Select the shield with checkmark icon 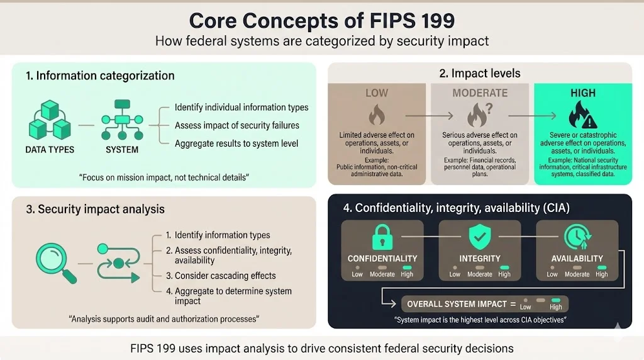click(480, 237)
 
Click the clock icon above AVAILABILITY click(577, 237)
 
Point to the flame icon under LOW click(376, 115)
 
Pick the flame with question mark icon click(479, 115)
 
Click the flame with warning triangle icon click(582, 115)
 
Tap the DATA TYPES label click(50, 150)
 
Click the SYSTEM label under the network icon click(122, 150)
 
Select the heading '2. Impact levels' click(479, 74)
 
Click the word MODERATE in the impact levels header click(479, 93)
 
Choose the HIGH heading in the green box click(582, 93)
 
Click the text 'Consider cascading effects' click(225, 276)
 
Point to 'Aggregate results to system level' click(236, 143)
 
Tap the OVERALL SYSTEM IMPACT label click(457, 304)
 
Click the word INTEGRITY click(480, 258)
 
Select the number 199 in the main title click(430, 21)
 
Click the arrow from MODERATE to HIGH click(531, 116)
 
